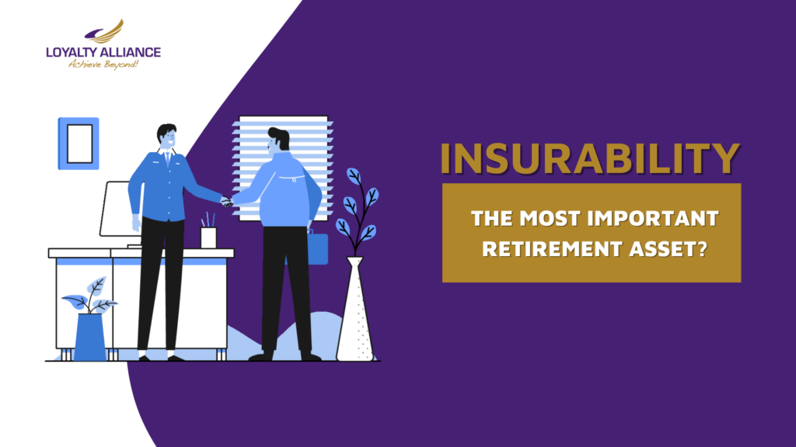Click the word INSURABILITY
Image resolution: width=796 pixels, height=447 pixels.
coord(590,158)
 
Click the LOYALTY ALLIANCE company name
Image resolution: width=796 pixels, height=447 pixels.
coord(103,52)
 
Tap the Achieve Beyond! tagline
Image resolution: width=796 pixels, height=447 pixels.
coord(103,64)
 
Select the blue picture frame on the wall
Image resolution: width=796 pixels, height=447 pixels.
coord(79,144)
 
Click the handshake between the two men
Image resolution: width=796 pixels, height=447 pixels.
coord(226,202)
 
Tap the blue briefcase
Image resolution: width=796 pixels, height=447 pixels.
coord(317,248)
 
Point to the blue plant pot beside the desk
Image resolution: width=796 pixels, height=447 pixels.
coord(90,337)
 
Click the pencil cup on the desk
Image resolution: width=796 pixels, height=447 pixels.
coord(208,237)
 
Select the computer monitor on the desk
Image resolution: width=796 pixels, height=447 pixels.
coord(121,209)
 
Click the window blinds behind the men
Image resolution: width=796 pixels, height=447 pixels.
coord(283,168)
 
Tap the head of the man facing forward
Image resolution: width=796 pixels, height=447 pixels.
coord(167,137)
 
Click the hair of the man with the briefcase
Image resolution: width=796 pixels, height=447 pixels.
coord(280,137)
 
